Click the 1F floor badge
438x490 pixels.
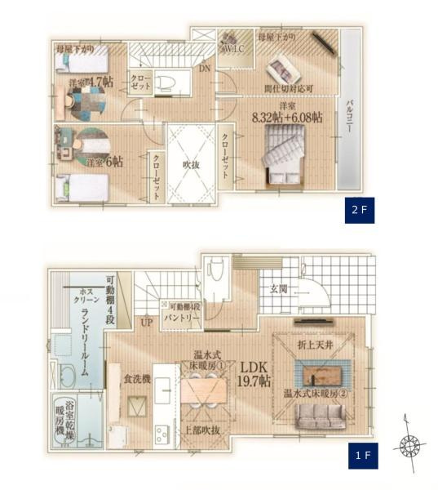[x=361, y=455]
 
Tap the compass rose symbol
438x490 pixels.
[x=409, y=447]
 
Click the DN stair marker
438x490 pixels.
[x=204, y=69]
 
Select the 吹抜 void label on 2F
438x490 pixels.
[x=191, y=164]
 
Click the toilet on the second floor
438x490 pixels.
[x=166, y=82]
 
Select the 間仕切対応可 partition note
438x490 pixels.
[x=289, y=88]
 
